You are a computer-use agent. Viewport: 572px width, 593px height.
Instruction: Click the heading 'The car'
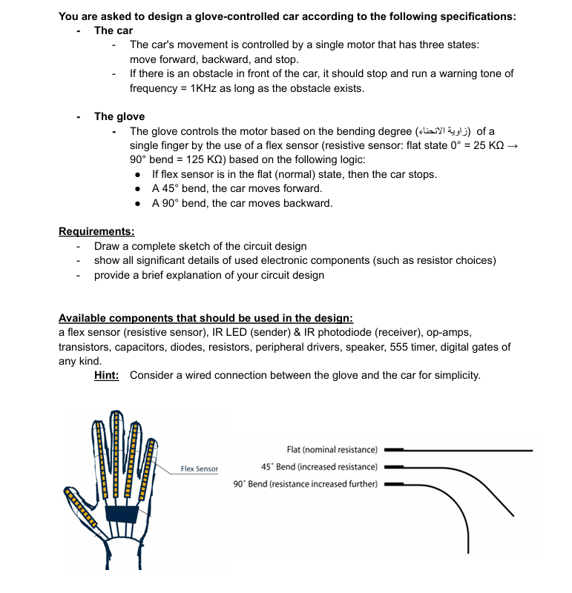pos(114,30)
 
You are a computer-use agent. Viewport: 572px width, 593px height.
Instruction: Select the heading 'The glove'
pos(119,116)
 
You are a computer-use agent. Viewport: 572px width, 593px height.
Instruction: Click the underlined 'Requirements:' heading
pos(96,231)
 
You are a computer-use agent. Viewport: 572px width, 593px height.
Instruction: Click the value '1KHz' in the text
pos(205,88)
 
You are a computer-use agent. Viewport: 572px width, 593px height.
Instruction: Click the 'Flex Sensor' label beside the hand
pos(200,469)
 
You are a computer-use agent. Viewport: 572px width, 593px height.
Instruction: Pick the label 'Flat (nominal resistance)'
pos(332,449)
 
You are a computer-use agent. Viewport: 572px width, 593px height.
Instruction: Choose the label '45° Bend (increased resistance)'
pos(319,467)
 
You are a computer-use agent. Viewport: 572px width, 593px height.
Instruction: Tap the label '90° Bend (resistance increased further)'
pos(305,484)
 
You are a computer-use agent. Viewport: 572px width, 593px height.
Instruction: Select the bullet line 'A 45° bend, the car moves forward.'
pos(237,188)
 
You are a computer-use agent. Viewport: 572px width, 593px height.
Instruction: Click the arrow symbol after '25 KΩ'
pos(509,145)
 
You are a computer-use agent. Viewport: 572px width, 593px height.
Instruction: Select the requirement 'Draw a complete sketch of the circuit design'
pos(200,246)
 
